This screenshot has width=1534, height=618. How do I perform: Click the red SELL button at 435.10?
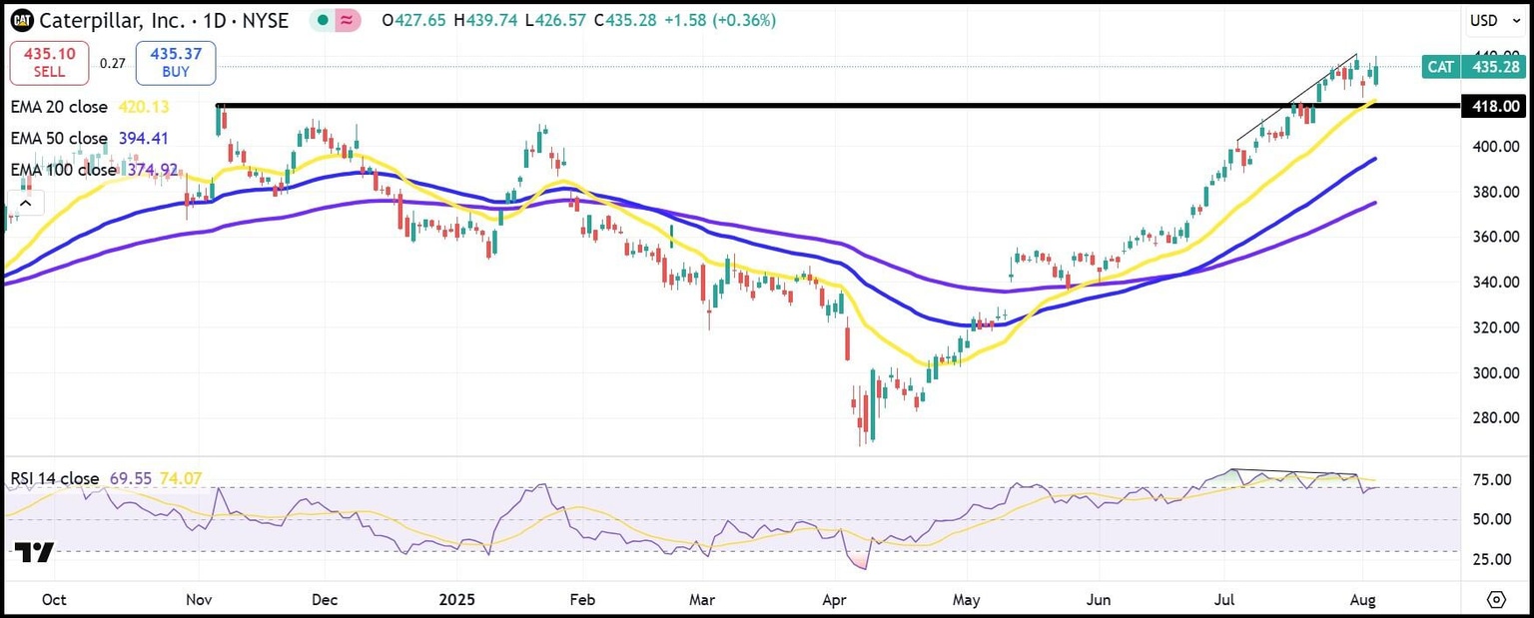click(49, 63)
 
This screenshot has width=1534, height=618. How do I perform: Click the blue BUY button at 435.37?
click(176, 63)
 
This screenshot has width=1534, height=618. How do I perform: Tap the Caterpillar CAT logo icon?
click(22, 20)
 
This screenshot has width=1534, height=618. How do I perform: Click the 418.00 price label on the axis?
click(1494, 106)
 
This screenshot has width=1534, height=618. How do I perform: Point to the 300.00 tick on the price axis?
click(1494, 372)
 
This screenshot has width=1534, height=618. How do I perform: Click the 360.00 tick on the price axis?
click(1494, 237)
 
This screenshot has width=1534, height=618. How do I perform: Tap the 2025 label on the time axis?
click(456, 599)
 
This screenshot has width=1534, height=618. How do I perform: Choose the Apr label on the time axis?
click(832, 599)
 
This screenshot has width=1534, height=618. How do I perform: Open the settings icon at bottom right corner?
click(1495, 599)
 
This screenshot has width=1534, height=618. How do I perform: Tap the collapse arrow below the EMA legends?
click(25, 204)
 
